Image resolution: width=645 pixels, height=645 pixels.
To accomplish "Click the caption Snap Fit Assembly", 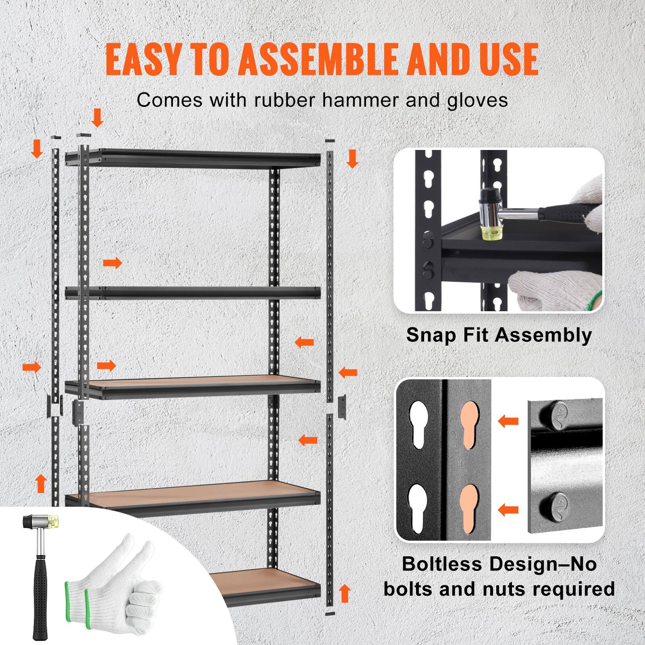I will [499, 335].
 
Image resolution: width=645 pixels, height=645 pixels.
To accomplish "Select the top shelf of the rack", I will [193, 158].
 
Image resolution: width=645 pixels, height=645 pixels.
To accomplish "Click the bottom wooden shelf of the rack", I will [262, 580].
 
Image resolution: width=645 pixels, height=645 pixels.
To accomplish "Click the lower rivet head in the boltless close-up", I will [555, 504].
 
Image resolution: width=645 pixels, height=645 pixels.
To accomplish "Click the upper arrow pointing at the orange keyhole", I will [508, 422].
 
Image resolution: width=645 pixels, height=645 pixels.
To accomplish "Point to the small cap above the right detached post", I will [330, 141].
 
